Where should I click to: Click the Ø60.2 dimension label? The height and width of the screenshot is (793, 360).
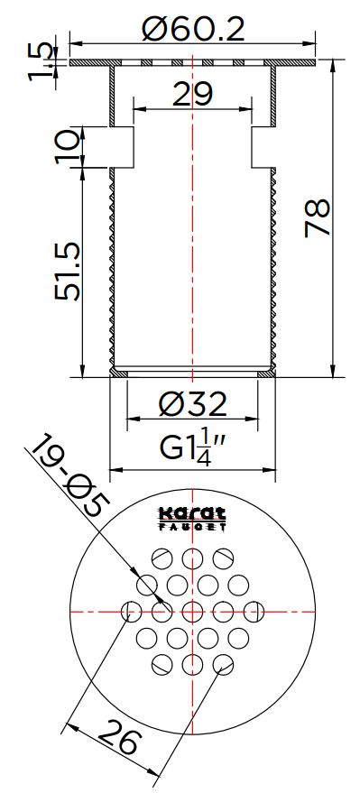click(x=193, y=29)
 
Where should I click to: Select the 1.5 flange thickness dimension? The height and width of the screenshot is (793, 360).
click(x=40, y=61)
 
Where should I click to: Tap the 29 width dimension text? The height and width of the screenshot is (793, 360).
click(x=193, y=94)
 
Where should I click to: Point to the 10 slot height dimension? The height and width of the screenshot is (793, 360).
click(x=68, y=147)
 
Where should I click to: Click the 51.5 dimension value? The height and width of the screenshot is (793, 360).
click(x=68, y=272)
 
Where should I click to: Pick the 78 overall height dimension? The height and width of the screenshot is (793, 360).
click(x=318, y=218)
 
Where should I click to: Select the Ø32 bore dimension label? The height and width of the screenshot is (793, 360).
click(x=193, y=404)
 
